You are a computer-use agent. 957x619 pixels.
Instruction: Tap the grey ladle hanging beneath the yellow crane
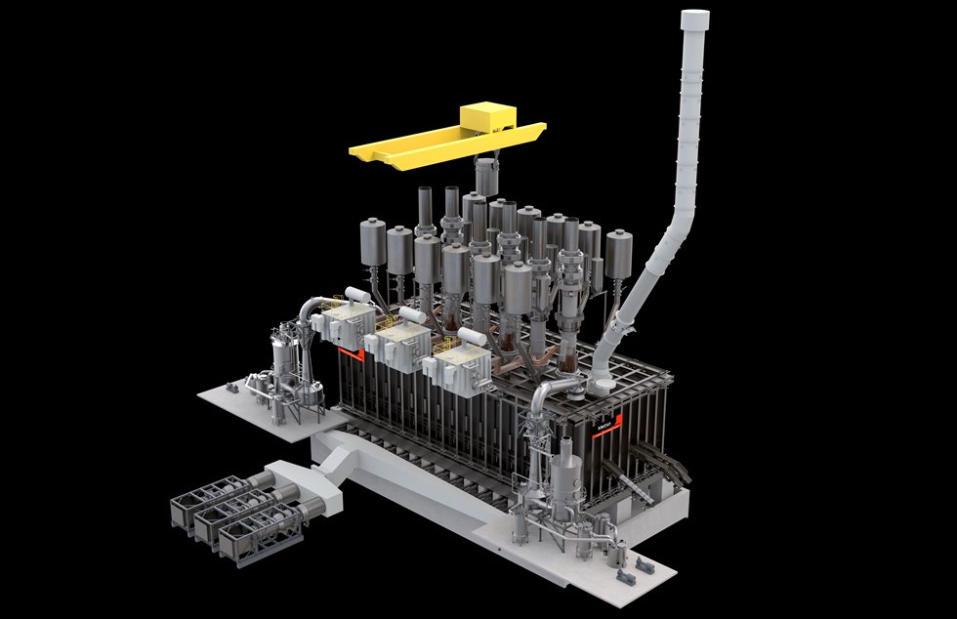pyautogui.click(x=485, y=177)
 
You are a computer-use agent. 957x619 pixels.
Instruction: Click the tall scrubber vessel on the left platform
pyautogui.click(x=283, y=361)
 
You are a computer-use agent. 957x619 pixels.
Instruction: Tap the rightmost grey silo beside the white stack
pyautogui.click(x=617, y=254)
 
